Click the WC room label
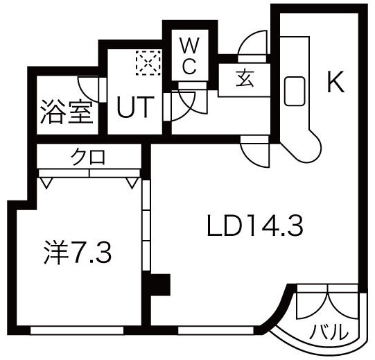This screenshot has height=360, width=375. click(190, 56)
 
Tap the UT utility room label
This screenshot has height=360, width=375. click(135, 107)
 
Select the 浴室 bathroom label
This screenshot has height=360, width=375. click(67, 112)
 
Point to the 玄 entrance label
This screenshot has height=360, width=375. click(245, 78)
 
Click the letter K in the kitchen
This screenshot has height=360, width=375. click(335, 82)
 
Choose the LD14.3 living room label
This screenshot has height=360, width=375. click(255, 225)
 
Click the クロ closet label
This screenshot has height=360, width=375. click(88, 157)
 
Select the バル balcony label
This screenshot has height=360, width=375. click(328, 332)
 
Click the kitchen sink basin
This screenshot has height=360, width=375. click(295, 91)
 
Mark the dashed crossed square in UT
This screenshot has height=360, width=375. click(148, 62)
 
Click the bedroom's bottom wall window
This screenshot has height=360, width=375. click(77, 330)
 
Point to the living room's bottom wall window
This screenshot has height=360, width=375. click(216, 330)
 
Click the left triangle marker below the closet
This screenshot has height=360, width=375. click(46, 182)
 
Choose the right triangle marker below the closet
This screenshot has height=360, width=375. click(132, 182)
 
